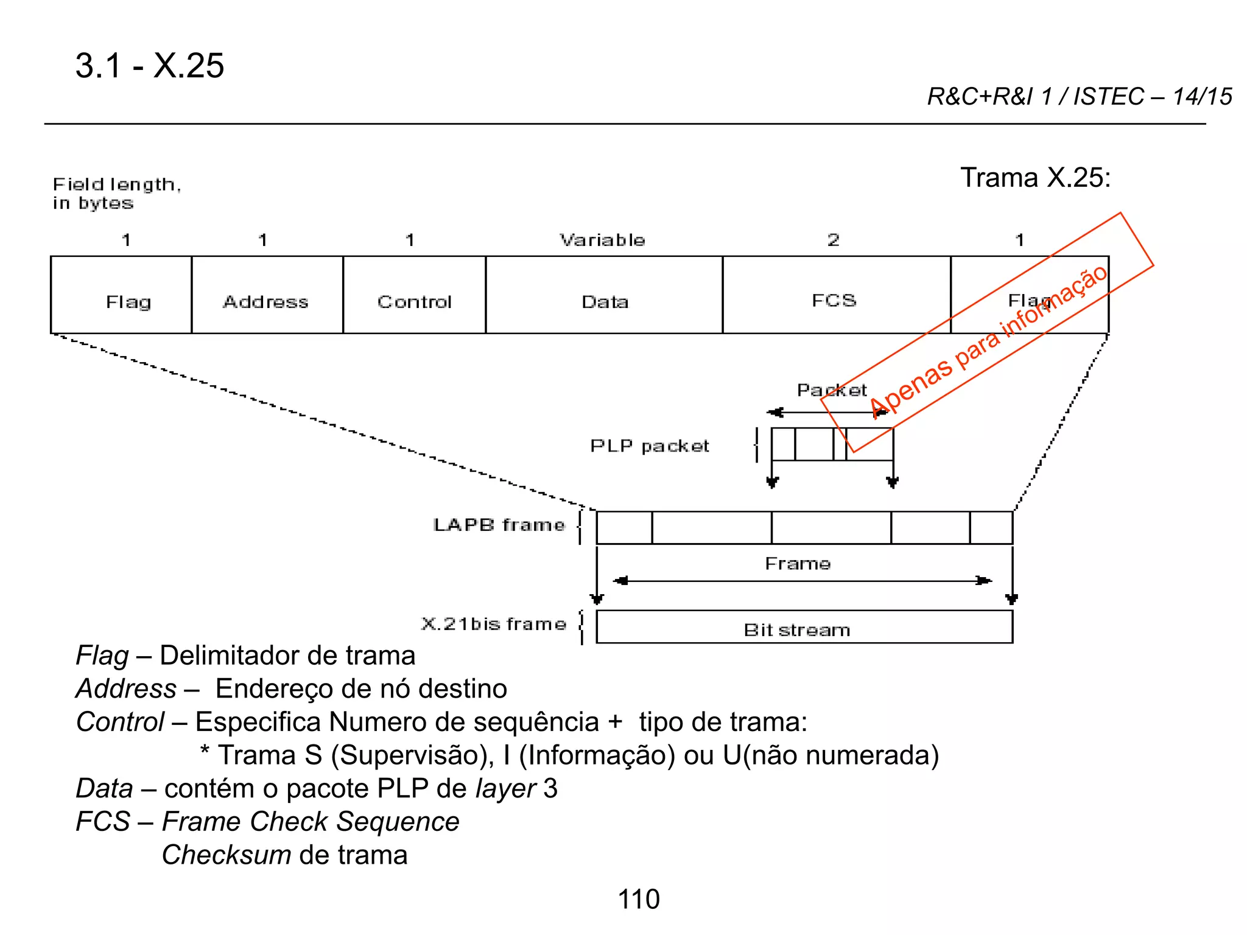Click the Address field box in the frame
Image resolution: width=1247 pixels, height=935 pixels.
click(x=267, y=295)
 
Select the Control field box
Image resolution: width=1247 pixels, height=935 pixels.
click(x=414, y=295)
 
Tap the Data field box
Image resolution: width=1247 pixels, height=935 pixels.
click(x=604, y=295)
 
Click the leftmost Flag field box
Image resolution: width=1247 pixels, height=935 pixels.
click(x=121, y=295)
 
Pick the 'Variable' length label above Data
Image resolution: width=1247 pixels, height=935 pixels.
click(x=602, y=240)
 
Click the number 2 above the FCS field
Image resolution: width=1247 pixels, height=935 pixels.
click(x=833, y=240)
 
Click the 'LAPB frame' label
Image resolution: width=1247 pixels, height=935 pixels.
click(x=499, y=525)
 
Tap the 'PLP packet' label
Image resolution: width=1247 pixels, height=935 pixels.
click(x=650, y=446)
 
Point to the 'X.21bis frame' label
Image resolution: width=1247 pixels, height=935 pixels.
click(x=494, y=624)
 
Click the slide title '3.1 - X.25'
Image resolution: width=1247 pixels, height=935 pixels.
click(x=150, y=66)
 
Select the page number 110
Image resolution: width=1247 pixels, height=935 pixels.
click(x=639, y=899)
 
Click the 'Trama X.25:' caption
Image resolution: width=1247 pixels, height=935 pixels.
click(x=1035, y=178)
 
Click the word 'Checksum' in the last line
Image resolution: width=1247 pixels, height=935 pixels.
click(x=226, y=855)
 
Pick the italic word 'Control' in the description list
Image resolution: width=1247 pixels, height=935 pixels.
click(x=120, y=722)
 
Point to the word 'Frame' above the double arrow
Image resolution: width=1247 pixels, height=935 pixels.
click(x=798, y=564)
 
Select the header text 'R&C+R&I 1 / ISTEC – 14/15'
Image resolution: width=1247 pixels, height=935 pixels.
click(x=1079, y=97)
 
